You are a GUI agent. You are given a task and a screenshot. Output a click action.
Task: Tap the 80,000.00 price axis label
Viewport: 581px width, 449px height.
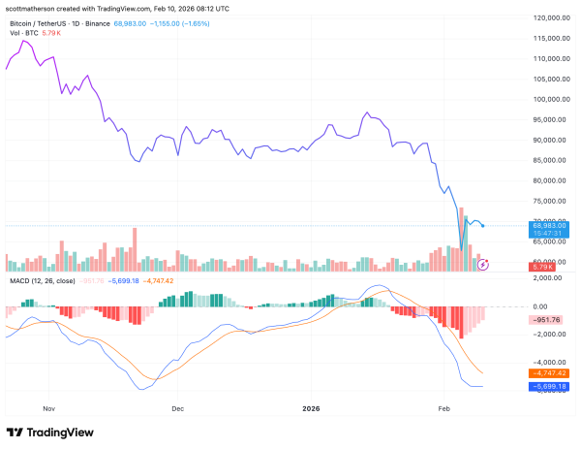[x=542, y=180]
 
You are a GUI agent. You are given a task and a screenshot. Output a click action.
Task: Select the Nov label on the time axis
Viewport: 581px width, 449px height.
[x=51, y=409]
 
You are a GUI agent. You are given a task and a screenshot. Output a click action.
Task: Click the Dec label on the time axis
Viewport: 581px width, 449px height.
[x=177, y=409]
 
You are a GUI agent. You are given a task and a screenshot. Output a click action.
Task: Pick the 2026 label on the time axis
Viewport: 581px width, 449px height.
[x=312, y=409]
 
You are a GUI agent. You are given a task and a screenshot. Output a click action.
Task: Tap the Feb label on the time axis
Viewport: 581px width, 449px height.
[x=444, y=409]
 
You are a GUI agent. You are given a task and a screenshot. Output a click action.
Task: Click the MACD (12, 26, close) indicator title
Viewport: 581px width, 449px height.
[x=41, y=281]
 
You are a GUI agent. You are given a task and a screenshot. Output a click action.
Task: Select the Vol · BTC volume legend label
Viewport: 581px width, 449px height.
[x=23, y=32]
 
